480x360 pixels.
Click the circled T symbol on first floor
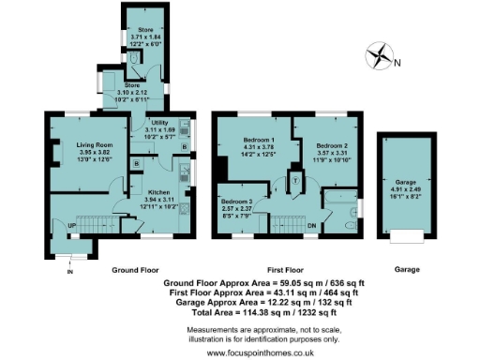pos(295,178)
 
